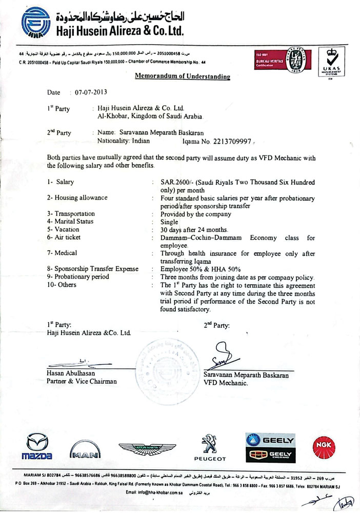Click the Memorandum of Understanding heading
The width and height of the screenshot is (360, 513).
point(182,76)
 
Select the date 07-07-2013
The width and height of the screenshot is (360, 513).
point(91,93)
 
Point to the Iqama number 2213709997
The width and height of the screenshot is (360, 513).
point(233,141)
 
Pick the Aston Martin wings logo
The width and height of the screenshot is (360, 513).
point(147,449)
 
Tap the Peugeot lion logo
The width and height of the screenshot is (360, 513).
point(208,446)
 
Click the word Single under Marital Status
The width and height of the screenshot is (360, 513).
point(170,222)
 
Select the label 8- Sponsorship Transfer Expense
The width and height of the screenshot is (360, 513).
point(93,268)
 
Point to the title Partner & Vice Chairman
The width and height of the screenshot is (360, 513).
point(82,381)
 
